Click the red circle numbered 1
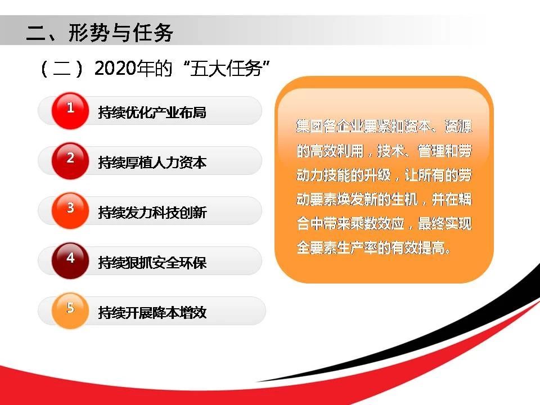[70, 111]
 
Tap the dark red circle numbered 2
[70, 161]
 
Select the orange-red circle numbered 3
[70, 211]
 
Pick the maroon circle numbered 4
[70, 260]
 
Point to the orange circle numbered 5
[70, 310]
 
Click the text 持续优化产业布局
[152, 112]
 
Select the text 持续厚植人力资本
[152, 162]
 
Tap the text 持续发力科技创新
[152, 213]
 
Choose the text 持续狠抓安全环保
[152, 263]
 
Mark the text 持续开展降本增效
[152, 312]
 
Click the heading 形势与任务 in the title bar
[120, 33]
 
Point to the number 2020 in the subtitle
[115, 68]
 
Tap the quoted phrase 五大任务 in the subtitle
[226, 68]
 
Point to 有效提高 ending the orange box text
[418, 247]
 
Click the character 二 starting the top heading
[36, 33]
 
